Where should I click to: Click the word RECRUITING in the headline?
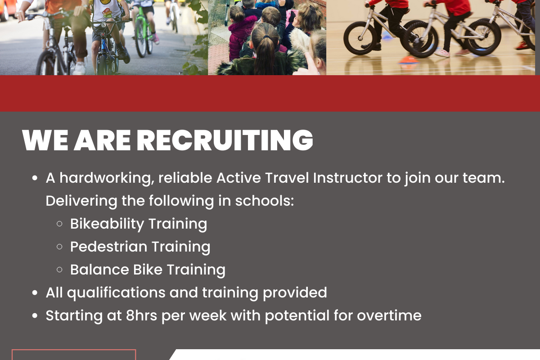pos(225,140)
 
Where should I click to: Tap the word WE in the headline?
pos(45,140)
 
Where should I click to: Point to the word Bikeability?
pos(107,224)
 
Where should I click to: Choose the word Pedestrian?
pos(109,247)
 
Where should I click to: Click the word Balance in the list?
pos(99,270)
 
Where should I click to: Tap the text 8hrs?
pos(141,315)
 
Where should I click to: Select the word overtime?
pos(389,316)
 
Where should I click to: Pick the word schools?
pos(265,201)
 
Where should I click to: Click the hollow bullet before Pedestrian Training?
pos(59,247)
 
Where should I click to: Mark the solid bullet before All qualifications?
pos(35,293)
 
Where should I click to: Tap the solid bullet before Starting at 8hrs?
pos(35,316)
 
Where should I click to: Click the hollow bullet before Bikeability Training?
pos(59,224)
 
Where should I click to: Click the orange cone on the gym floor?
pos(409,60)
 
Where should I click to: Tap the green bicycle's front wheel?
pos(140,39)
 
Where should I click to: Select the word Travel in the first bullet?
pos(287,178)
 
